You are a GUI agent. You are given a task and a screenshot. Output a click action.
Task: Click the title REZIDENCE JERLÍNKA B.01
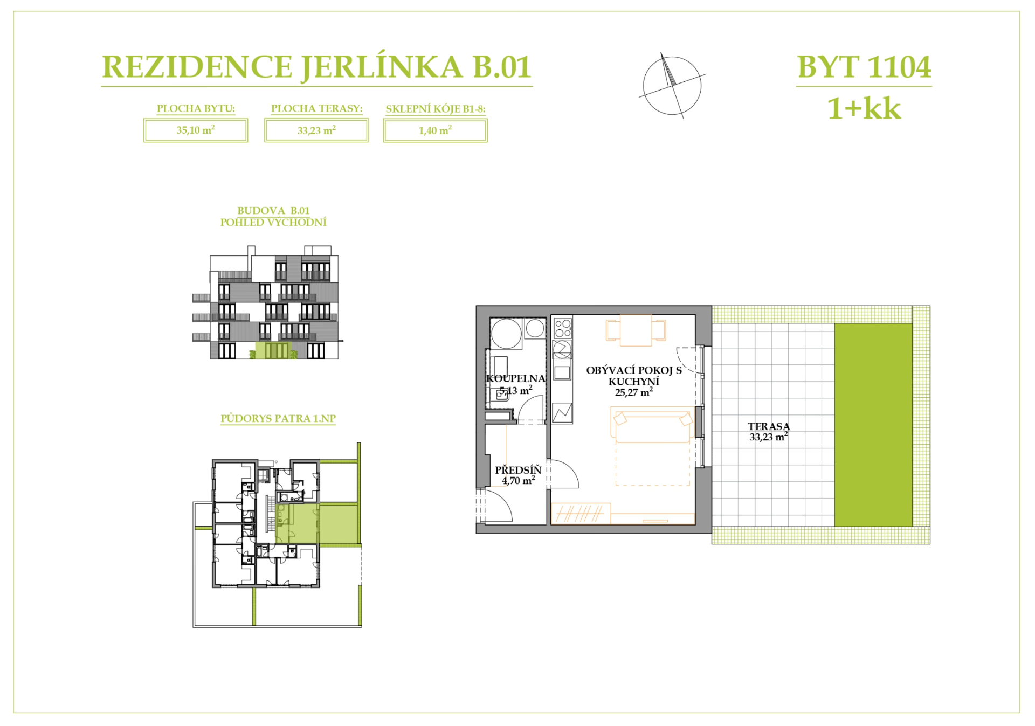point(316,67)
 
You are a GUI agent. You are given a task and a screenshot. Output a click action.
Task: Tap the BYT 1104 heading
point(864,67)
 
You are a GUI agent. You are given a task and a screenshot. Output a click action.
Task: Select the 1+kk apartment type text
point(864,108)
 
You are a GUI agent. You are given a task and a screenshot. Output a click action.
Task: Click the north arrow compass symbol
point(672,86)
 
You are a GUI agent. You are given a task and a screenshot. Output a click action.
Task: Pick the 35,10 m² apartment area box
point(196,130)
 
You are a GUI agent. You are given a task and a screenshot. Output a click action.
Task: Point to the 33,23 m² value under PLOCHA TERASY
point(316,130)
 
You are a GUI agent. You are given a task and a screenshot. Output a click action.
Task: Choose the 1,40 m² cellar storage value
point(435,130)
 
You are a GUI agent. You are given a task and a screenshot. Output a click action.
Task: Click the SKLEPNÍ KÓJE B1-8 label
point(436,109)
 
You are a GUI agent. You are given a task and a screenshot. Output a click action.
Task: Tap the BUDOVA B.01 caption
point(273,211)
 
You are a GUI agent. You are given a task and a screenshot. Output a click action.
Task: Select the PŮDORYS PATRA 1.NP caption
point(278,419)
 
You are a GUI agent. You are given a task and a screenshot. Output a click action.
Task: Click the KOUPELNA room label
point(516,379)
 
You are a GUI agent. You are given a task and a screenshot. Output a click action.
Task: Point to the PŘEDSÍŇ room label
point(518,470)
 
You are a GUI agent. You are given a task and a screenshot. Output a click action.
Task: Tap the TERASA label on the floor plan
point(769,426)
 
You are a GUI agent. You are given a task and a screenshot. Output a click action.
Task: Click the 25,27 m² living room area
point(634,392)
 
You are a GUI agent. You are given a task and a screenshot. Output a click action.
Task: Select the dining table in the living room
point(636,330)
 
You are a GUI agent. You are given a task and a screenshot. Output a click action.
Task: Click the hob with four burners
point(563,328)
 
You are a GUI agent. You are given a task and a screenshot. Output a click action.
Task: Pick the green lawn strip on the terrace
point(873,425)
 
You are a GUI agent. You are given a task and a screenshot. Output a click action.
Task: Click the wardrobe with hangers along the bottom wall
point(581,514)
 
